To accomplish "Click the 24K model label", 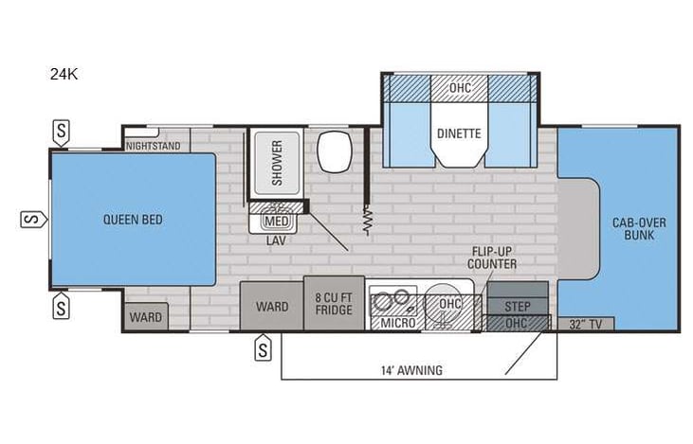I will [x=66, y=73].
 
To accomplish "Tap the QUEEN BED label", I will [x=133, y=220].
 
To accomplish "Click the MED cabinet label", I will [x=276, y=222].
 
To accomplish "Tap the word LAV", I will [x=276, y=240].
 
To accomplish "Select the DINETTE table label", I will [x=459, y=134].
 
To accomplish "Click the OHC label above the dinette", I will [x=460, y=87].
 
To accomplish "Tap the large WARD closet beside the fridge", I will [x=272, y=306].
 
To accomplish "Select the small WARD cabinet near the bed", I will [x=145, y=316].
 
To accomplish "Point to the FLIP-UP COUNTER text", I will [x=493, y=257].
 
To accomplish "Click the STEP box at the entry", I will [x=517, y=307].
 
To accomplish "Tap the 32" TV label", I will [x=584, y=324].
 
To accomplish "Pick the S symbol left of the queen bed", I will [x=29, y=220].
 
